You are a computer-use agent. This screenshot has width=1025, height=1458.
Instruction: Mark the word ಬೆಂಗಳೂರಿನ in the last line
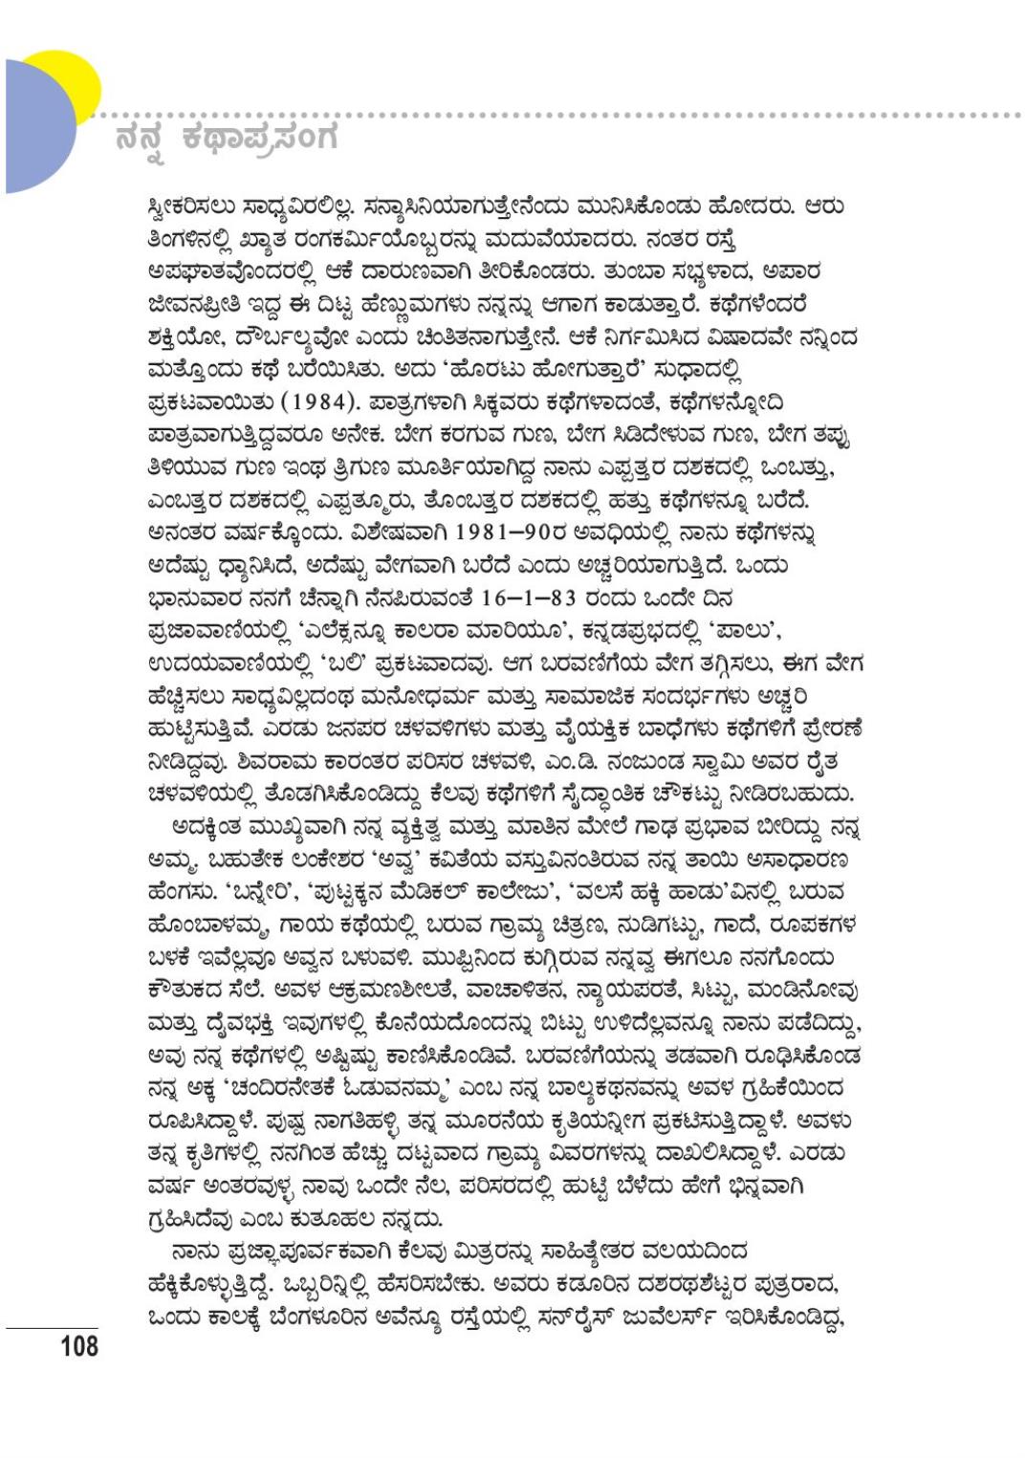[x=329, y=1318]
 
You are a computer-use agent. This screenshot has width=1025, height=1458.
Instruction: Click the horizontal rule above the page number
[x=53, y=1328]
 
